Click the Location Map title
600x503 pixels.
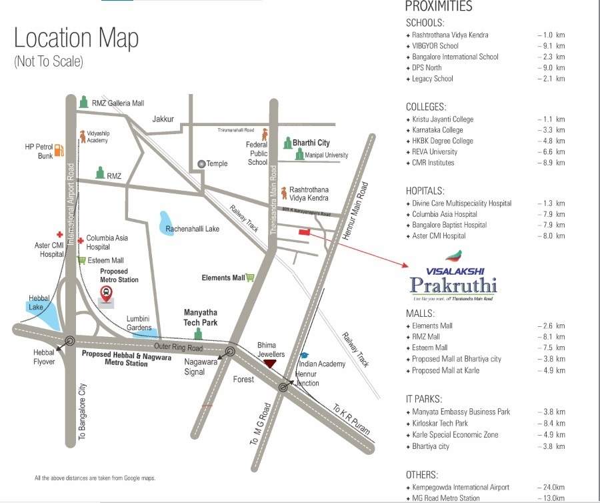click(77, 38)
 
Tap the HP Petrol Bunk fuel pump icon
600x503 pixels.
click(59, 151)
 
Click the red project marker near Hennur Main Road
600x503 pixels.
click(305, 232)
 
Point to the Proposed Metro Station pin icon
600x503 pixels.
click(105, 291)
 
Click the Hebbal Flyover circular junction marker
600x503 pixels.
click(69, 340)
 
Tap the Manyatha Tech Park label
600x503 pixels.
click(201, 318)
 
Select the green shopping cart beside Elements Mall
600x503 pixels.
click(251, 278)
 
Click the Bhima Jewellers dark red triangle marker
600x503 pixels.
click(269, 363)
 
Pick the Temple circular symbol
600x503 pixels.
click(201, 163)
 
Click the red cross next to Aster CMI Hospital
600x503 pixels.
click(59, 235)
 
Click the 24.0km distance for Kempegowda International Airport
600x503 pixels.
click(553, 488)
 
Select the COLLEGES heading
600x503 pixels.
click(426, 107)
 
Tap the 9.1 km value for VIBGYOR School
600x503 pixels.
click(553, 46)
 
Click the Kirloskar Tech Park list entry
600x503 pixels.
click(440, 423)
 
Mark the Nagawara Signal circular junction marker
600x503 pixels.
click(231, 352)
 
